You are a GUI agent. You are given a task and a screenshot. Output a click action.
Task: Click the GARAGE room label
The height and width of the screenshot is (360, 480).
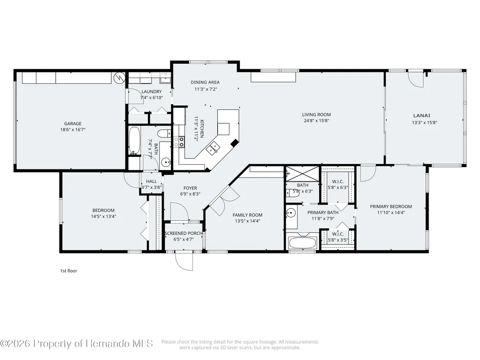tap(73, 124)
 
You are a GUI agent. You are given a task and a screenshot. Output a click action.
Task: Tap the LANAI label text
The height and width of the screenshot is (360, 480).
tap(421, 115)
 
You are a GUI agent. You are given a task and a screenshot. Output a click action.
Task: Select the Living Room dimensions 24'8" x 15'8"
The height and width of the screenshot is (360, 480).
tap(316, 120)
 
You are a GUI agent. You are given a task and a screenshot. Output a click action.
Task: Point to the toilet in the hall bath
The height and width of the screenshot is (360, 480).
tap(164, 134)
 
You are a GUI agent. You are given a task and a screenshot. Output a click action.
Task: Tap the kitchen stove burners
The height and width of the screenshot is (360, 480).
tap(179, 142)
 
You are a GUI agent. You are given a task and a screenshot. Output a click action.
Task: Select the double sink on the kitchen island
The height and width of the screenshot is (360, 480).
tap(214, 148)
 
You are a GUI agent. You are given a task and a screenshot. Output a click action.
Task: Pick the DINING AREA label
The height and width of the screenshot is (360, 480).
tap(205, 82)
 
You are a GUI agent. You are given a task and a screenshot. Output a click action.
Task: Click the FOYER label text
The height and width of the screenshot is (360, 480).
tap(190, 188)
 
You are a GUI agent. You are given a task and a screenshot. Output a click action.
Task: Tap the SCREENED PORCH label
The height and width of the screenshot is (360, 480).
tap(183, 233)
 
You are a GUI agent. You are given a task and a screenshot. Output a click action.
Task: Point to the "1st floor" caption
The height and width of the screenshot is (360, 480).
tap(69, 271)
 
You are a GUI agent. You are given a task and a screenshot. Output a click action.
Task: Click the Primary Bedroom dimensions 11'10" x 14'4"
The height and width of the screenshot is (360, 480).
tap(391, 213)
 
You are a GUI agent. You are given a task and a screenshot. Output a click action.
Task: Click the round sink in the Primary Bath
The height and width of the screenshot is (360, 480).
tap(291, 212)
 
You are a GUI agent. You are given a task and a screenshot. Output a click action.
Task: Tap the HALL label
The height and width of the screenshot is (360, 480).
tap(151, 181)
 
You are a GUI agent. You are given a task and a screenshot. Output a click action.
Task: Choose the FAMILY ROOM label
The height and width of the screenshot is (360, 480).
tap(247, 215)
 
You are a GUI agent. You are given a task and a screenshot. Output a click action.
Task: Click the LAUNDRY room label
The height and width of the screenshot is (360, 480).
tap(152, 92)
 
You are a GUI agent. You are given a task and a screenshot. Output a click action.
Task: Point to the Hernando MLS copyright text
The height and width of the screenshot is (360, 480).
tap(76, 343)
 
